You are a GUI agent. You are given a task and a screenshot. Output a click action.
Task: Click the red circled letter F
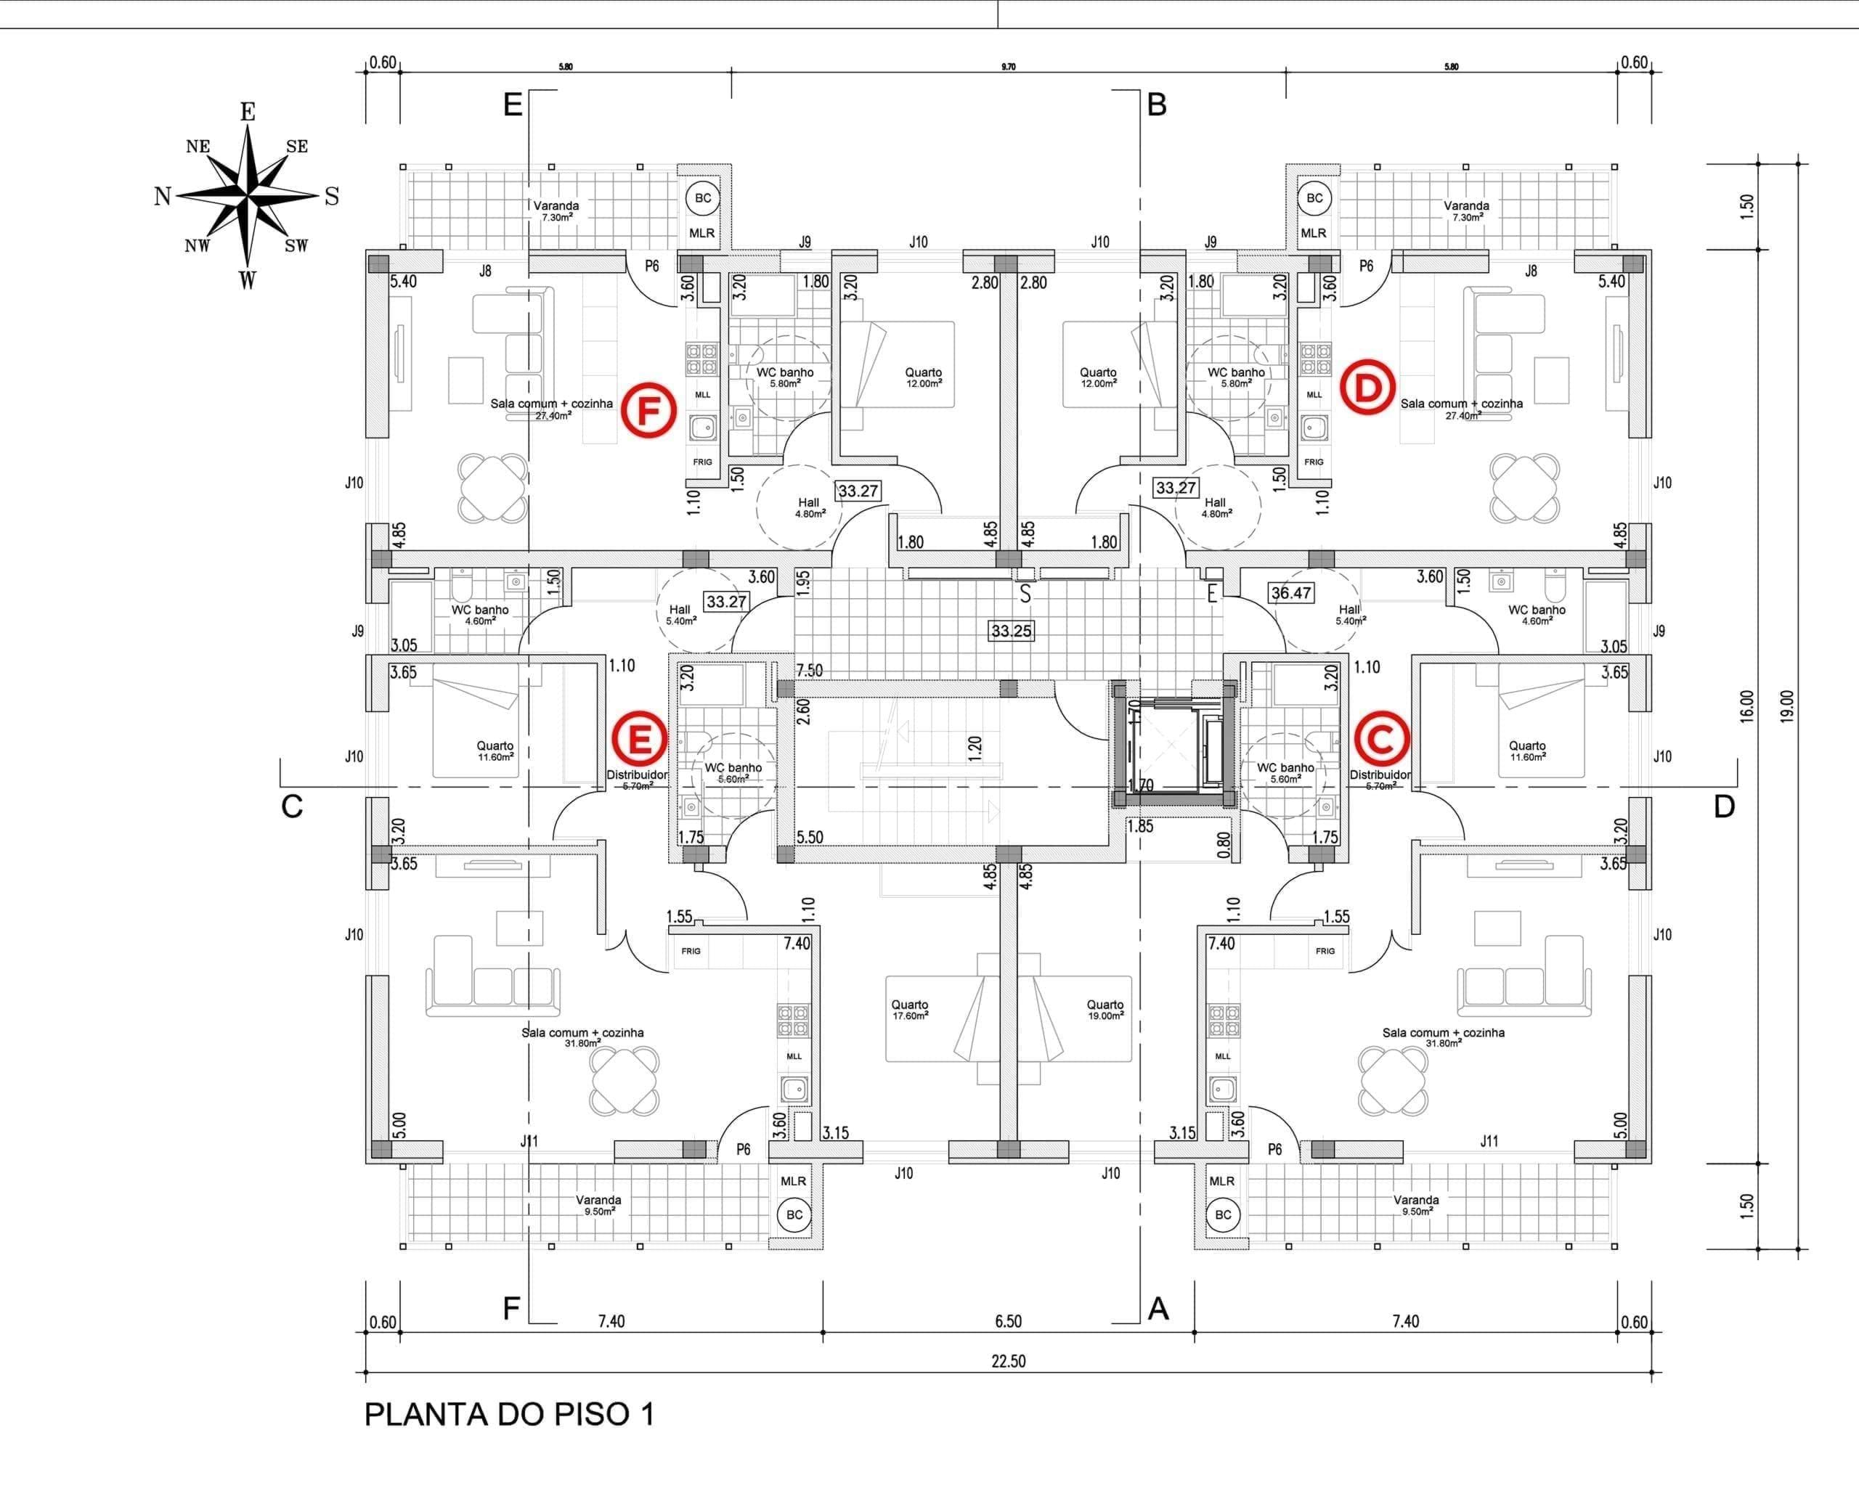point(648,411)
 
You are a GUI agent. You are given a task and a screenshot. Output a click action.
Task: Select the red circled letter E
point(640,740)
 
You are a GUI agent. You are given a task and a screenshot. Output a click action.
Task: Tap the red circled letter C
point(1381,740)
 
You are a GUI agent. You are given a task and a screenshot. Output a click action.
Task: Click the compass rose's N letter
point(162,197)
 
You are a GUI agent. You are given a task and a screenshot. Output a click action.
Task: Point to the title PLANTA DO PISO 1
point(509,1414)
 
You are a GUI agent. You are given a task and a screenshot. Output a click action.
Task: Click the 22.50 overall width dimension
point(1008,1361)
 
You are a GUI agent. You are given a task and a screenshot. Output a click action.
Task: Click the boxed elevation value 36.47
point(1290,592)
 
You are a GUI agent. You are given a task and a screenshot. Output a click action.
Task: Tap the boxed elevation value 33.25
point(1012,631)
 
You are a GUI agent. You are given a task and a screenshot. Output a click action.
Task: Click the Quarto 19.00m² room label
point(1105,1009)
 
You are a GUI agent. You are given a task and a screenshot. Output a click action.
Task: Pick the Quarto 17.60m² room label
point(909,1009)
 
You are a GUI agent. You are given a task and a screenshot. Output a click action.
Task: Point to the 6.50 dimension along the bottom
point(1008,1321)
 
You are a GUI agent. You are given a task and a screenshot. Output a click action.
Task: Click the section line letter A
point(1158,1309)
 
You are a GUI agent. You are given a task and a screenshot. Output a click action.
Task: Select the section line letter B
point(1157,105)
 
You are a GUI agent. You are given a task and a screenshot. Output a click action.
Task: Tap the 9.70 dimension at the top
point(1008,67)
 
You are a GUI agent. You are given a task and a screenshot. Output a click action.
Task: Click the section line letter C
point(292,806)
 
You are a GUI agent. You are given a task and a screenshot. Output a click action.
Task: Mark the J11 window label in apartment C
point(1489,1141)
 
